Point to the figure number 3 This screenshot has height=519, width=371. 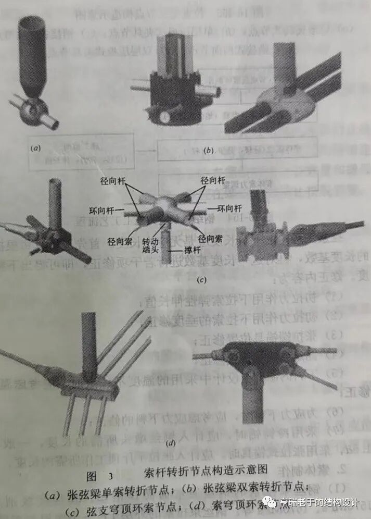click(110, 476)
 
